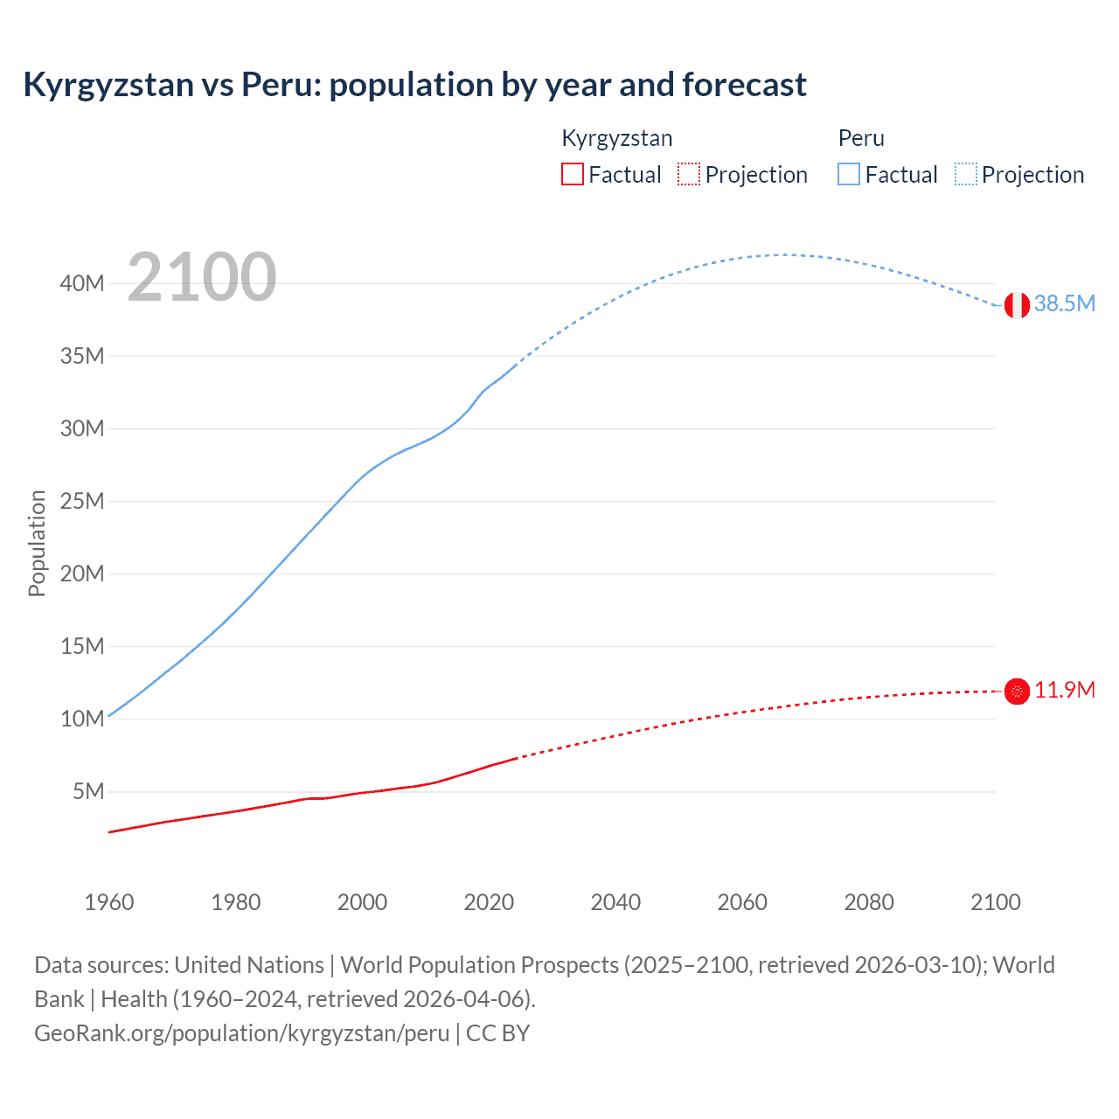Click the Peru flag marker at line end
pos(1017,305)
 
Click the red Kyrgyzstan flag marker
pos(1017,692)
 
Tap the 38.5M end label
pos(1064,303)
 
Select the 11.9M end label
pos(1064,690)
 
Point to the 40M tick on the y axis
pos(82,283)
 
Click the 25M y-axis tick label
pos(82,501)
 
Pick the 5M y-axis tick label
pos(88,791)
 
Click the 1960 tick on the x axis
pos(109,902)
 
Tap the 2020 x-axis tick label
pos(489,902)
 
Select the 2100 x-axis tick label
pos(995,902)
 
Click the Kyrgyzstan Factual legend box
pos(572,174)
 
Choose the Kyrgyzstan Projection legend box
pos(689,174)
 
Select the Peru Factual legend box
pos(848,174)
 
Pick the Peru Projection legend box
pos(965,174)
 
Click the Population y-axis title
pos(37,543)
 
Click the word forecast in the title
pos(744,85)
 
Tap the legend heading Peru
pos(861,138)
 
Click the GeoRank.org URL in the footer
pos(241,1032)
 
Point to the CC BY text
pos(497,1032)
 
